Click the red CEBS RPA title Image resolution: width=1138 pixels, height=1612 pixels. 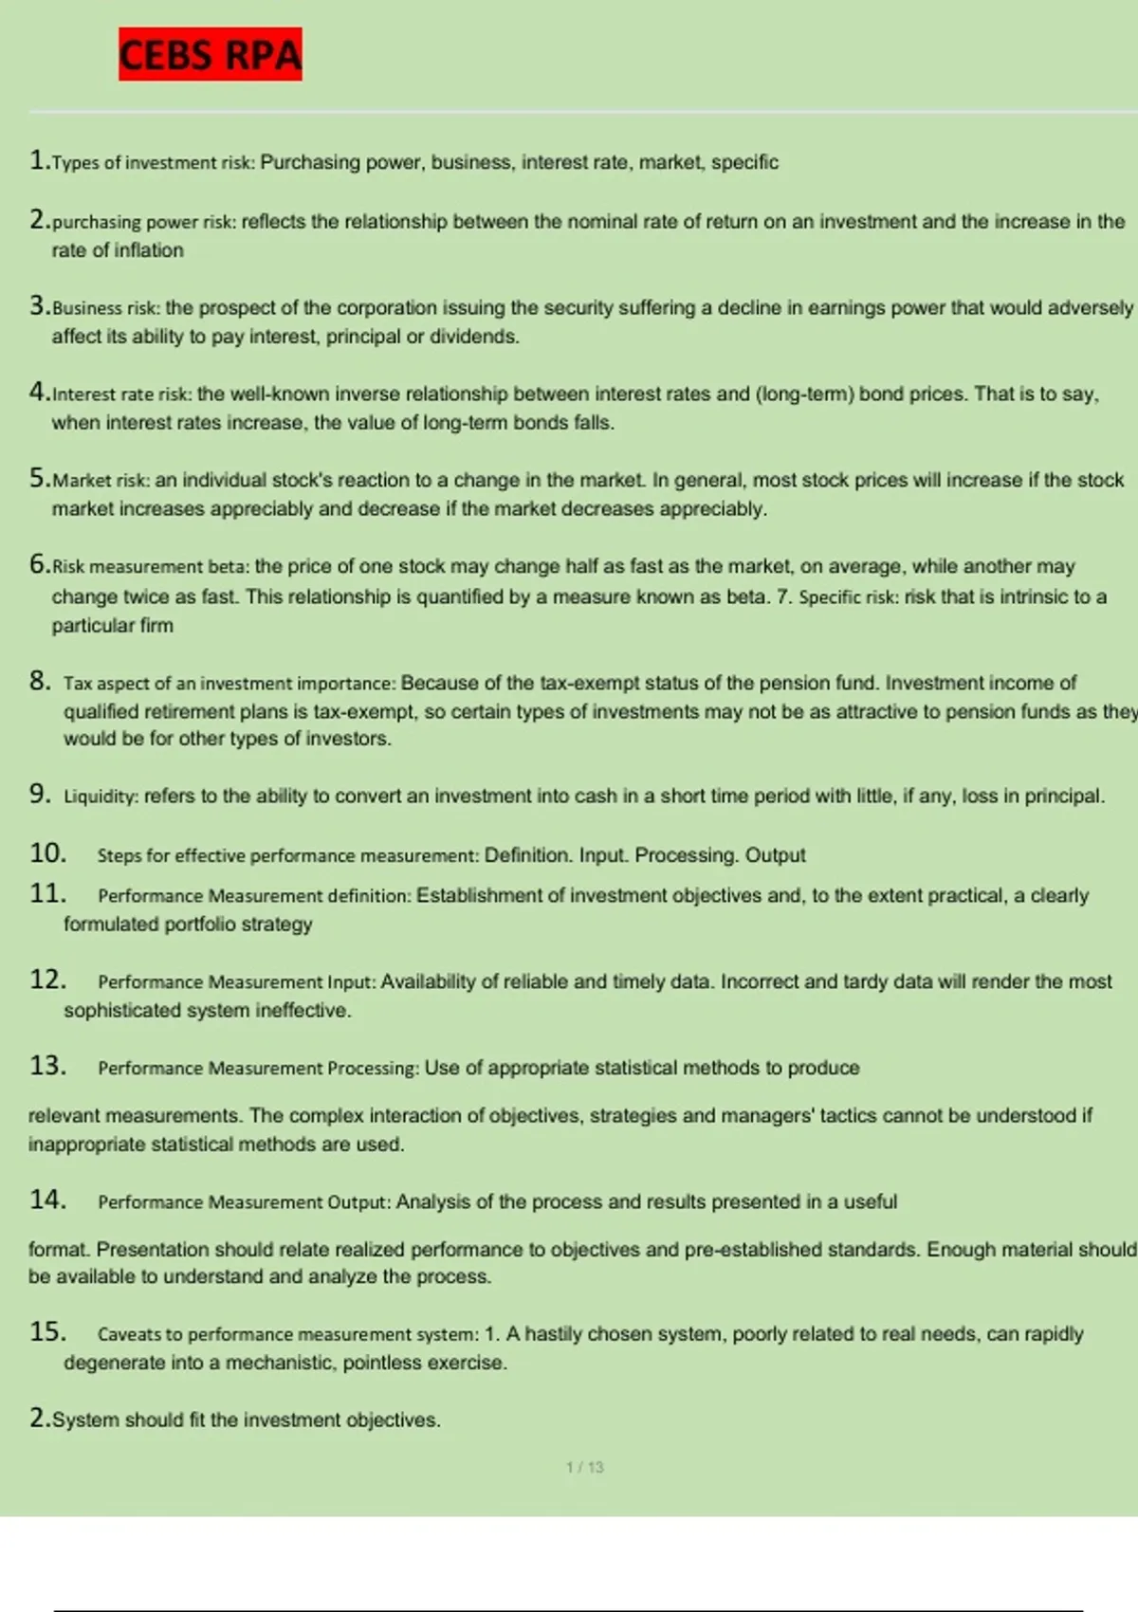tap(210, 54)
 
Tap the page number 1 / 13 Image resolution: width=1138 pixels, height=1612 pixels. tap(584, 1467)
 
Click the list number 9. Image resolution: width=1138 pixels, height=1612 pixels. tap(40, 794)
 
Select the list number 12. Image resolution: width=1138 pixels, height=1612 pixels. tap(47, 980)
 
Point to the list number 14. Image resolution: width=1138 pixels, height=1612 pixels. tap(47, 1200)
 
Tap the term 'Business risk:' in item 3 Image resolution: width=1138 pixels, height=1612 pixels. tap(106, 308)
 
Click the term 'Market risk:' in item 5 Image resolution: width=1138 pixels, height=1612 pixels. tap(101, 481)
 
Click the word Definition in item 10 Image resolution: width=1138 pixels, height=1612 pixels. tap(527, 855)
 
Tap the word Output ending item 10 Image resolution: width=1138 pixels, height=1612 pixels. tap(775, 855)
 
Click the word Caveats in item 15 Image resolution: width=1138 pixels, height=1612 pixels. tap(130, 1334)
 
